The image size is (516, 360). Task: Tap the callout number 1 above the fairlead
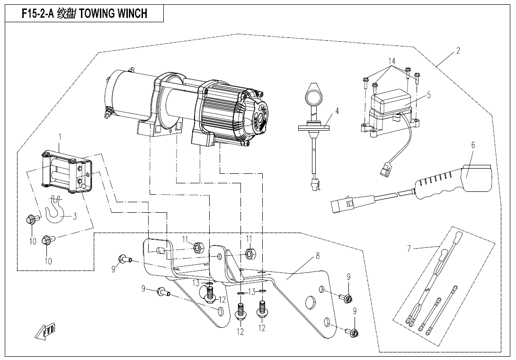pos(60,137)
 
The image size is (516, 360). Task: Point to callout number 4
pos(337,111)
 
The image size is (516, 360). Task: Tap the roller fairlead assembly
pos(66,173)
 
